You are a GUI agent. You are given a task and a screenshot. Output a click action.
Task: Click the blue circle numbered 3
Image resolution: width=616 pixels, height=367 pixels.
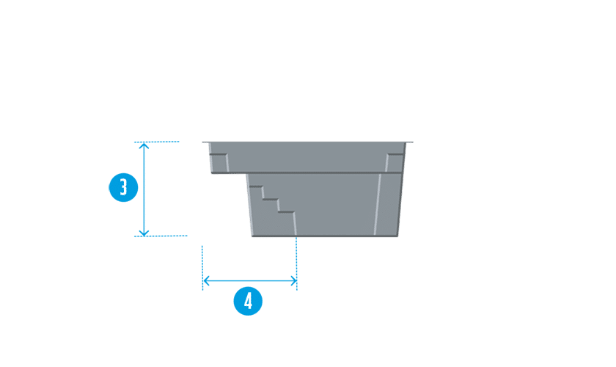[123, 187]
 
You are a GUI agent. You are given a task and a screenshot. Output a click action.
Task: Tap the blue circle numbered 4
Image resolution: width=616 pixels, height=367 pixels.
[248, 301]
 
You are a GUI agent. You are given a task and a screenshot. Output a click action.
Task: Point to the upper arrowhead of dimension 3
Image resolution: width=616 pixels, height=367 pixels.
[144, 145]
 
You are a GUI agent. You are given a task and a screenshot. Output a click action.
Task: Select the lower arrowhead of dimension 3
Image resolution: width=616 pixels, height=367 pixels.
[144, 233]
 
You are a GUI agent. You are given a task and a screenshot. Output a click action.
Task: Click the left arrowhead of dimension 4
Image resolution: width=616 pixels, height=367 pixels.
[206, 281]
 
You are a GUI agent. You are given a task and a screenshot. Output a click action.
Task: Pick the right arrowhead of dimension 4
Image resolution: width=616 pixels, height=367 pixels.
[293, 281]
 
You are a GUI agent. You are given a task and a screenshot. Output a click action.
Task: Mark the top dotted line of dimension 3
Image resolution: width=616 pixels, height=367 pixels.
[157, 142]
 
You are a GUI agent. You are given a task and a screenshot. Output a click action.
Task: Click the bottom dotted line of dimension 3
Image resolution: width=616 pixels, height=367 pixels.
[161, 236]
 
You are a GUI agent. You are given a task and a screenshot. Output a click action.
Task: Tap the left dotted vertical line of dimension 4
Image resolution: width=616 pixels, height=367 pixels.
[202, 268]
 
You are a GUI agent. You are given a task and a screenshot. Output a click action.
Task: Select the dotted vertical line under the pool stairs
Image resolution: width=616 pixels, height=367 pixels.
[296, 264]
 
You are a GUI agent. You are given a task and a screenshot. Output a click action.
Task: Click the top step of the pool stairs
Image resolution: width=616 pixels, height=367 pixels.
[256, 186]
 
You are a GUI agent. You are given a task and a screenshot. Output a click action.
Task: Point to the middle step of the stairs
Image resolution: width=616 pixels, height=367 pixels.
[271, 200]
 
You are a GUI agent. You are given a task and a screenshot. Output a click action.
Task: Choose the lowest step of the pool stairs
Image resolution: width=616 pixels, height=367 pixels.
[287, 212]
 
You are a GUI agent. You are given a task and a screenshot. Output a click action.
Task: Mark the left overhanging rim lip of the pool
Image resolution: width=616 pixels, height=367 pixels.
[206, 142]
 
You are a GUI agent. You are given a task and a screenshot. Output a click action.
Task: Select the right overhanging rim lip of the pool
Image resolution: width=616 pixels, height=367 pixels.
[409, 142]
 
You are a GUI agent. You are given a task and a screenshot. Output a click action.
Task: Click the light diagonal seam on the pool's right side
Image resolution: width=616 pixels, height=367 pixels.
[377, 205]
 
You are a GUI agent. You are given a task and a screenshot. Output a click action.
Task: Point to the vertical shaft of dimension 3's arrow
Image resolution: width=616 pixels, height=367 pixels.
[144, 189]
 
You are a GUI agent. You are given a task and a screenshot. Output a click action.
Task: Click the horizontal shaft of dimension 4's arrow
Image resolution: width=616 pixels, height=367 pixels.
[250, 281]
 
